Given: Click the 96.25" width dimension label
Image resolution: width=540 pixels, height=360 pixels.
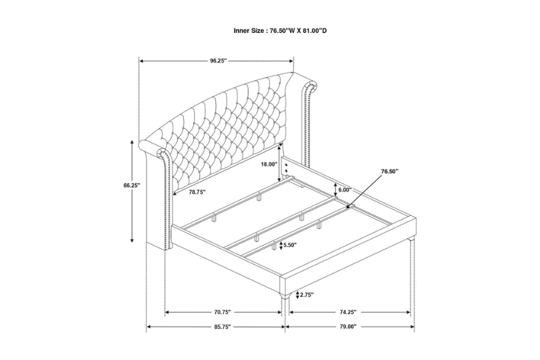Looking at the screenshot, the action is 218,61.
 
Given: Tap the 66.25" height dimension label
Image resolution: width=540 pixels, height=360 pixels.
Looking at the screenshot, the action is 132,185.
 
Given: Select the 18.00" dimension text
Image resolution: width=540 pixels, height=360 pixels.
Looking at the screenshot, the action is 269,164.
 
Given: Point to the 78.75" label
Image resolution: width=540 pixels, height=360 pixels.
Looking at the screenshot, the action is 197,192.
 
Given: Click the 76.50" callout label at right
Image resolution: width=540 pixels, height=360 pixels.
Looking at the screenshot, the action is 389,171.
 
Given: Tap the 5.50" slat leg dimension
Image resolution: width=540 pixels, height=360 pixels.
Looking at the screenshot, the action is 290,245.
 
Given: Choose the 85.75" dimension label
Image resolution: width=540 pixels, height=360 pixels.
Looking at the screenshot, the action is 222,326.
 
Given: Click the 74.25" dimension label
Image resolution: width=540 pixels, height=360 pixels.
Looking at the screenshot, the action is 347,312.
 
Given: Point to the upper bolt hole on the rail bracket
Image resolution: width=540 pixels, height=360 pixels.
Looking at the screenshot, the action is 286,165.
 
